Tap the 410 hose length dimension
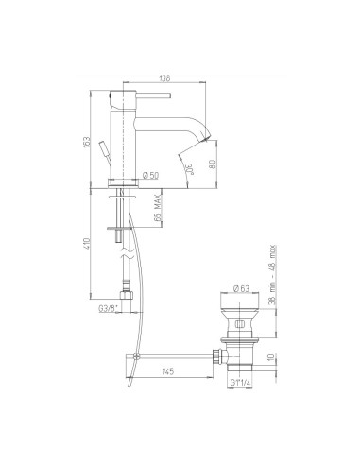coord(87,247)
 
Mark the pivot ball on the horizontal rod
coord(136,356)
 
